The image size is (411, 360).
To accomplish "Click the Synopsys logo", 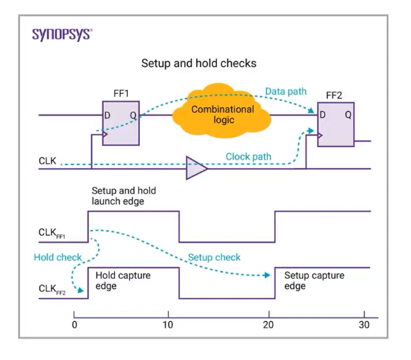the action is (62, 35).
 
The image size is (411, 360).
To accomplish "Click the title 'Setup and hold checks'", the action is (198, 64).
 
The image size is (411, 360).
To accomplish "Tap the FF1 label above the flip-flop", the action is (121, 94).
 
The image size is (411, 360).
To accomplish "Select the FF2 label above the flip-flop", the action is (334, 95).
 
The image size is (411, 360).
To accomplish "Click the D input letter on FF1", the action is (107, 115).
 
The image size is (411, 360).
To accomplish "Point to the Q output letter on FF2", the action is (348, 115).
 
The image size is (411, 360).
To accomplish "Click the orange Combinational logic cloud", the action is (222, 111).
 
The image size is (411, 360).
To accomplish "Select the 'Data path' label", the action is (286, 92).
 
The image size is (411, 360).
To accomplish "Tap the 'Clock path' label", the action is (249, 157).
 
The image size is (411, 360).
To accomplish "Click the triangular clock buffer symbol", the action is (196, 168).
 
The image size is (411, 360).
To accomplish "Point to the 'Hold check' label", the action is (58, 257).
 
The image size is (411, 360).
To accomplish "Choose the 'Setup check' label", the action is (214, 257).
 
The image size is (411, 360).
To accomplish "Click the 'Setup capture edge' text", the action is (314, 281).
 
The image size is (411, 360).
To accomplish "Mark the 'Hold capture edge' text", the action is (123, 281).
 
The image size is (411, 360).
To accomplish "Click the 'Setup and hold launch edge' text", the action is (124, 196).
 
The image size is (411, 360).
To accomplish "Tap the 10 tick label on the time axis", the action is (168, 325).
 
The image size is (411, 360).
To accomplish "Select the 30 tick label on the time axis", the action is (364, 325).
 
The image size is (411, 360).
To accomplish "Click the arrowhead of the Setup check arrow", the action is (267, 275).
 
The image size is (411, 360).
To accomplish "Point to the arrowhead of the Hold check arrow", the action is (81, 290).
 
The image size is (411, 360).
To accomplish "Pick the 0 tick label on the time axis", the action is (74, 325).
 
